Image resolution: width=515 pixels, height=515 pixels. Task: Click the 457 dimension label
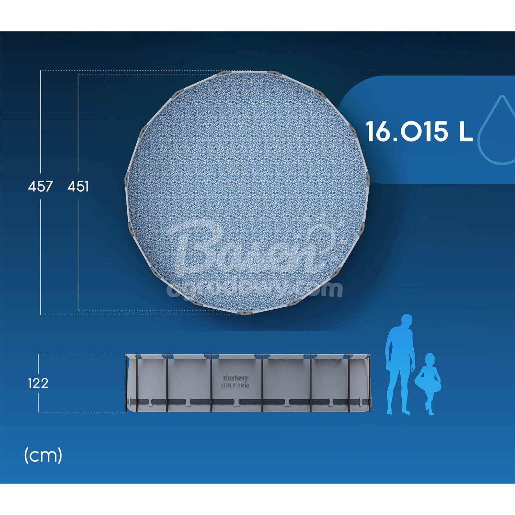(40, 186)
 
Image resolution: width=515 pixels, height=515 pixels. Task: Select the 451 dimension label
(78, 186)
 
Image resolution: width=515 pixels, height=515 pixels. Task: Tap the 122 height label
(38, 383)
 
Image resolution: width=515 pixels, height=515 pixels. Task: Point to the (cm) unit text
(43, 456)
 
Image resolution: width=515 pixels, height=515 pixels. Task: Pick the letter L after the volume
(466, 131)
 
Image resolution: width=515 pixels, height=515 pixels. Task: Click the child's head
(430, 359)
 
